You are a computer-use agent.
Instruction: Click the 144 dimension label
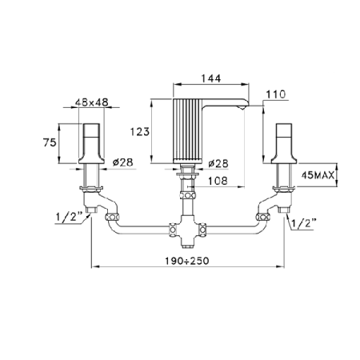pyautogui.click(x=211, y=78)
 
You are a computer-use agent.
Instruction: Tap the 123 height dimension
pyautogui.click(x=140, y=131)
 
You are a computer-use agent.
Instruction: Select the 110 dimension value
pyautogui.click(x=276, y=94)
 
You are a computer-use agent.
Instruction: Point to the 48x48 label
pyautogui.click(x=92, y=102)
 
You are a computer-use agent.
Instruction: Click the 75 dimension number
pyautogui.click(x=50, y=142)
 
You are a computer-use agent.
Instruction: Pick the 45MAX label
pyautogui.click(x=318, y=175)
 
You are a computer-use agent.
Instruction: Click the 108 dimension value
pyautogui.click(x=218, y=181)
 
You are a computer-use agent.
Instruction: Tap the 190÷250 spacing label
pyautogui.click(x=186, y=261)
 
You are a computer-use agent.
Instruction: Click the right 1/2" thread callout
pyautogui.click(x=303, y=223)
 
